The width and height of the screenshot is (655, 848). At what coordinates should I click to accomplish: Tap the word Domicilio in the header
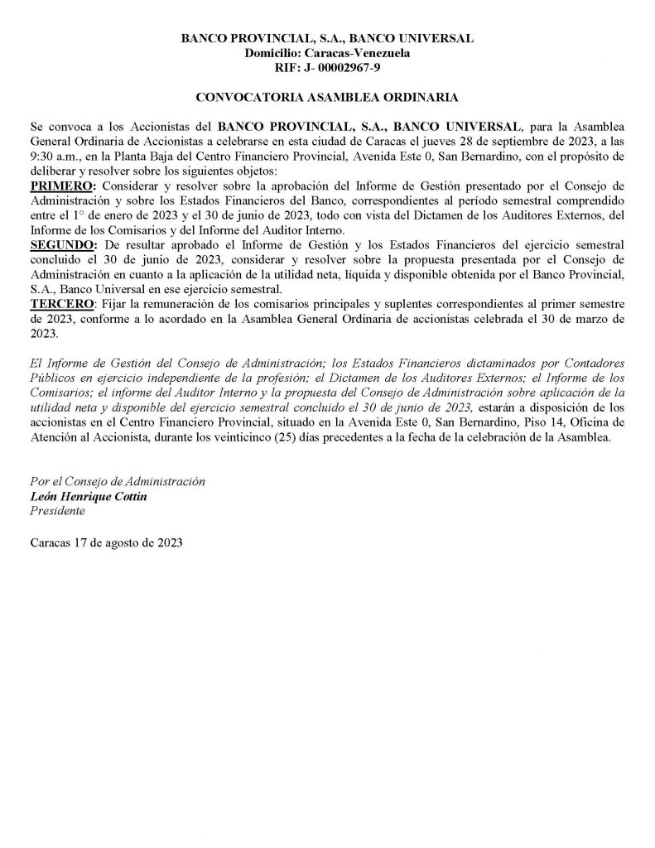tap(274, 53)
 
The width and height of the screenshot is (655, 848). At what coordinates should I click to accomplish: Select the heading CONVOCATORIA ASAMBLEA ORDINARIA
tap(327, 97)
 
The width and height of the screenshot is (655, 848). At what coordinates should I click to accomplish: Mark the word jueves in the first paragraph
tap(440, 140)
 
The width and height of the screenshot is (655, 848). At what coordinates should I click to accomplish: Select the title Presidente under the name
tap(56, 510)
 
